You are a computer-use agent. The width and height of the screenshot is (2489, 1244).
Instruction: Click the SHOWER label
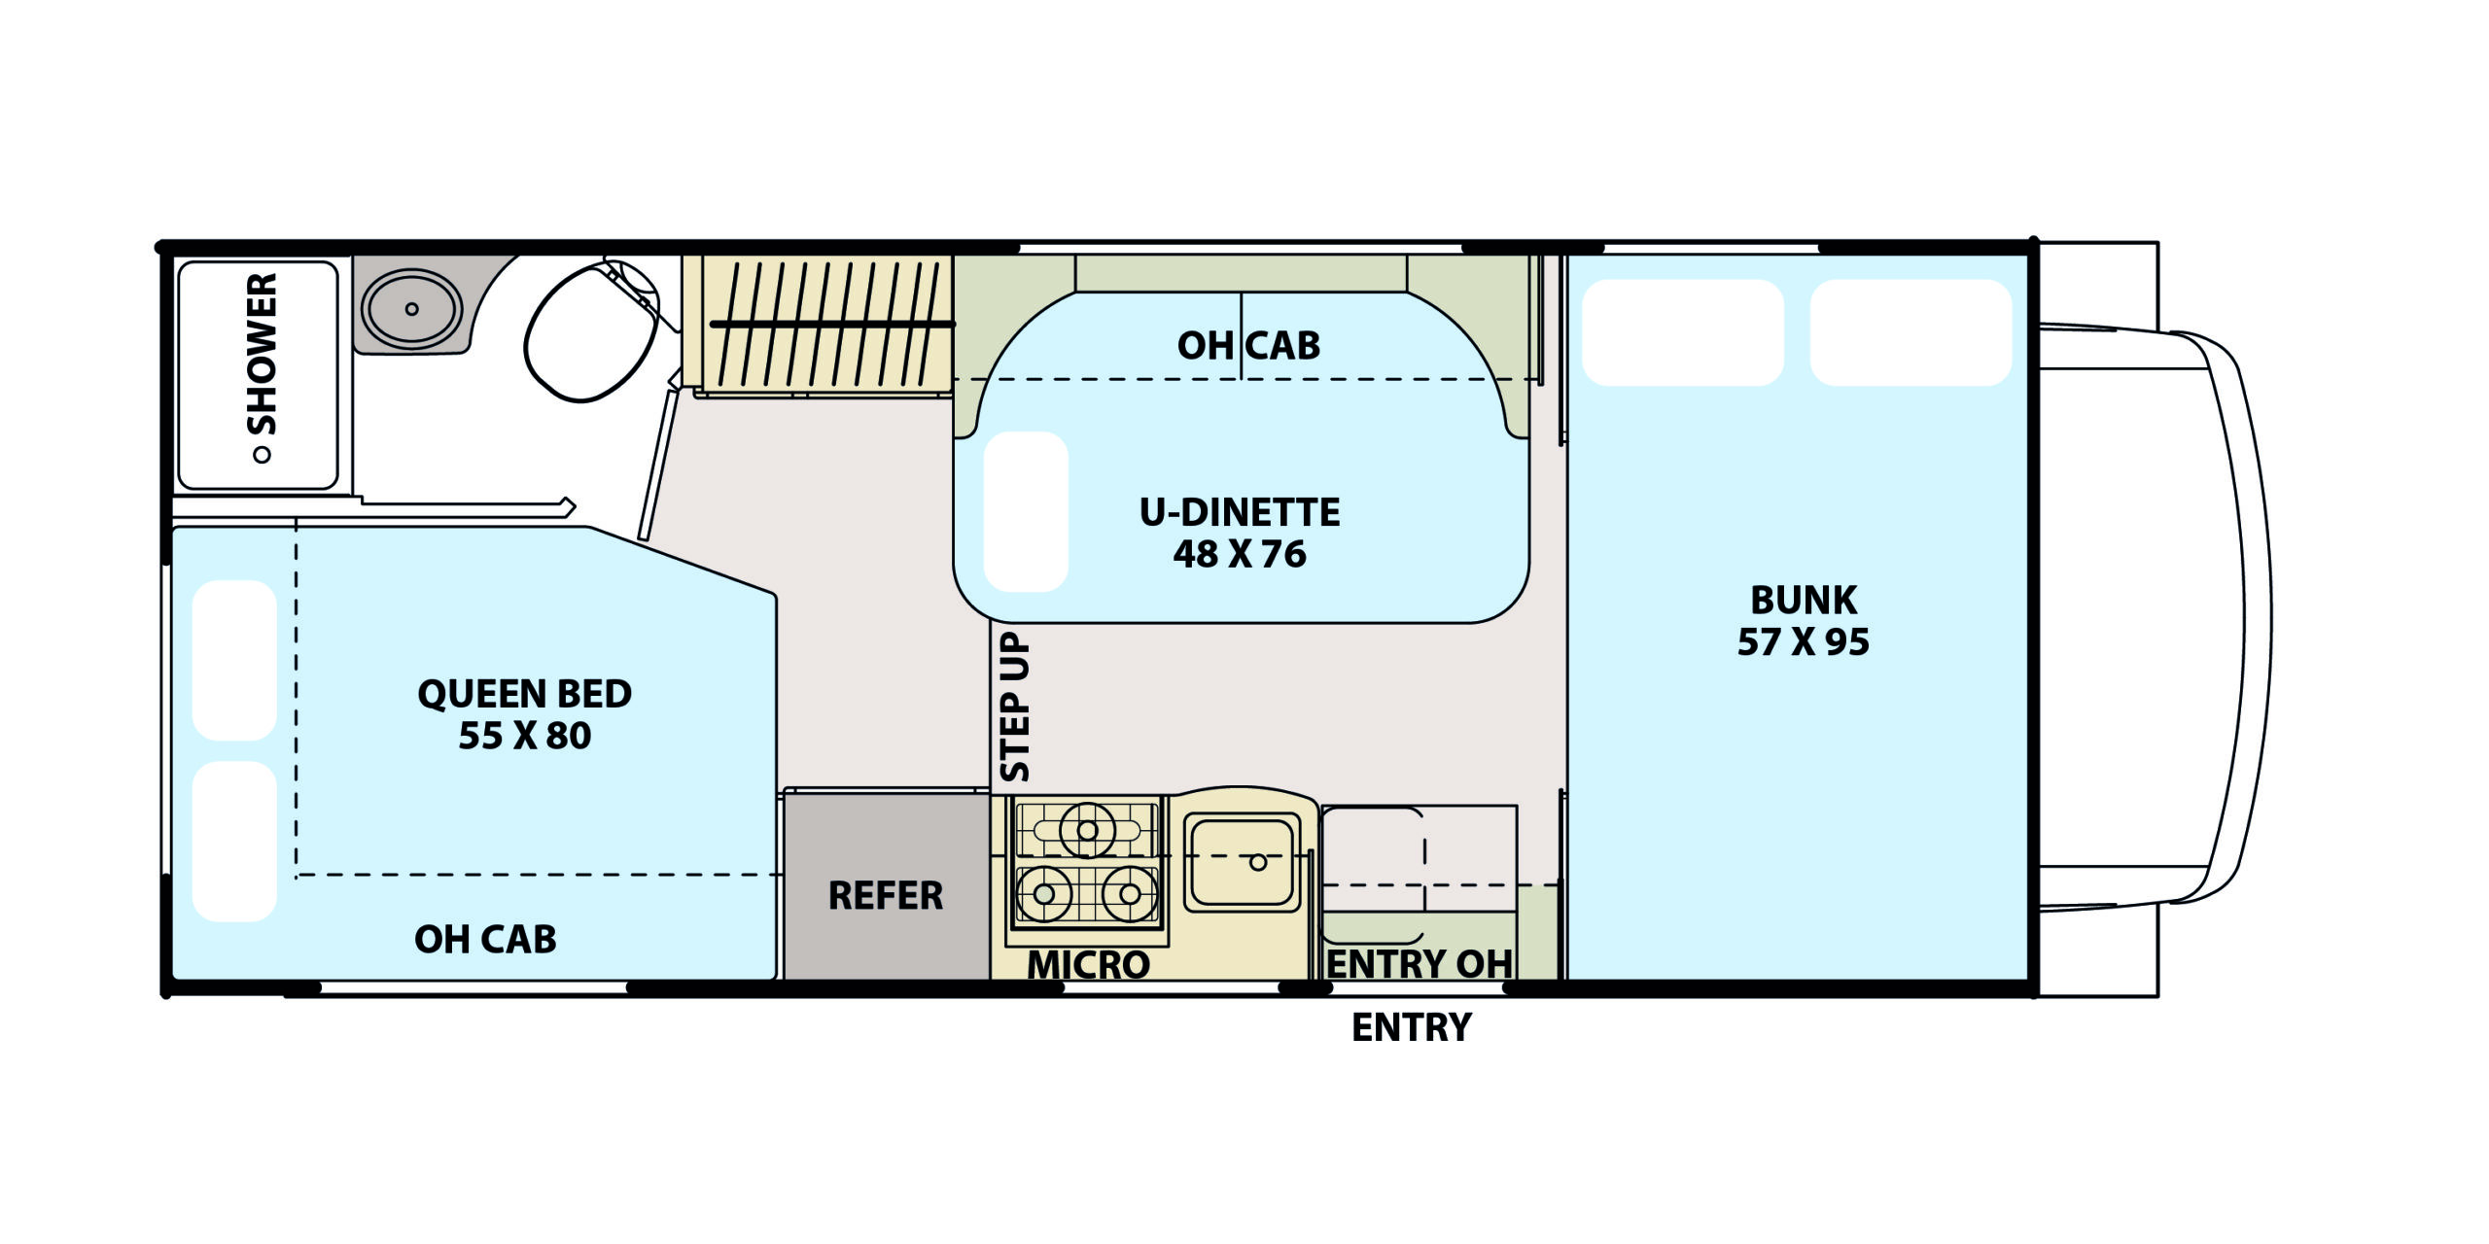click(262, 354)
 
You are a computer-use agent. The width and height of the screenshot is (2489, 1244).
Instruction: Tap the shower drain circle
click(261, 455)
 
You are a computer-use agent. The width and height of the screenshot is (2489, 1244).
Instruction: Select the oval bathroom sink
click(411, 308)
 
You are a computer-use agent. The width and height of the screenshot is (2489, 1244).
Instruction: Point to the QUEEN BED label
click(525, 694)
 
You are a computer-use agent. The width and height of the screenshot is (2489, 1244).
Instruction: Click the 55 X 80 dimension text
click(525, 736)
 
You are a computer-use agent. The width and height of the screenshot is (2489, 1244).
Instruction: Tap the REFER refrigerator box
click(886, 886)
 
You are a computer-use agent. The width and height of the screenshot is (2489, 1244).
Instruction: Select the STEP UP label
click(1014, 707)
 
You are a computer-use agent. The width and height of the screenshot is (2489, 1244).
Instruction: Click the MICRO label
click(1089, 965)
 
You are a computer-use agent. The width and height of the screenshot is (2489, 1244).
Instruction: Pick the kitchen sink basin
click(1242, 862)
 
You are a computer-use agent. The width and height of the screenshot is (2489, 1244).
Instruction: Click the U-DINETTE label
click(1240, 512)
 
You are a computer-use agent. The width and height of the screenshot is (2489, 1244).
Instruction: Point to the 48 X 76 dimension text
click(1240, 554)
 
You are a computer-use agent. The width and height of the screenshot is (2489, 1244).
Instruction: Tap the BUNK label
click(1804, 600)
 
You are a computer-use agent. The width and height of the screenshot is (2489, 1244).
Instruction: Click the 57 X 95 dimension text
click(1804, 641)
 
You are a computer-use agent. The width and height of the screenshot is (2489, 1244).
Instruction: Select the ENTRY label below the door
click(1412, 1027)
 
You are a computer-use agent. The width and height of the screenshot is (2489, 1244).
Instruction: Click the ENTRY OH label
click(1420, 965)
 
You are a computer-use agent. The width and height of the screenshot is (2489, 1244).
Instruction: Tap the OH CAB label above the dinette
click(1248, 345)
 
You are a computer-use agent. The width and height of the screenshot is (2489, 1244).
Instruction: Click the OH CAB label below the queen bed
click(485, 939)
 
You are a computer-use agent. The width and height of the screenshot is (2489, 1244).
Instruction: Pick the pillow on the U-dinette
click(1026, 511)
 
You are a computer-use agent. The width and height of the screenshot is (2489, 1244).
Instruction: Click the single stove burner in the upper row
click(1087, 830)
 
